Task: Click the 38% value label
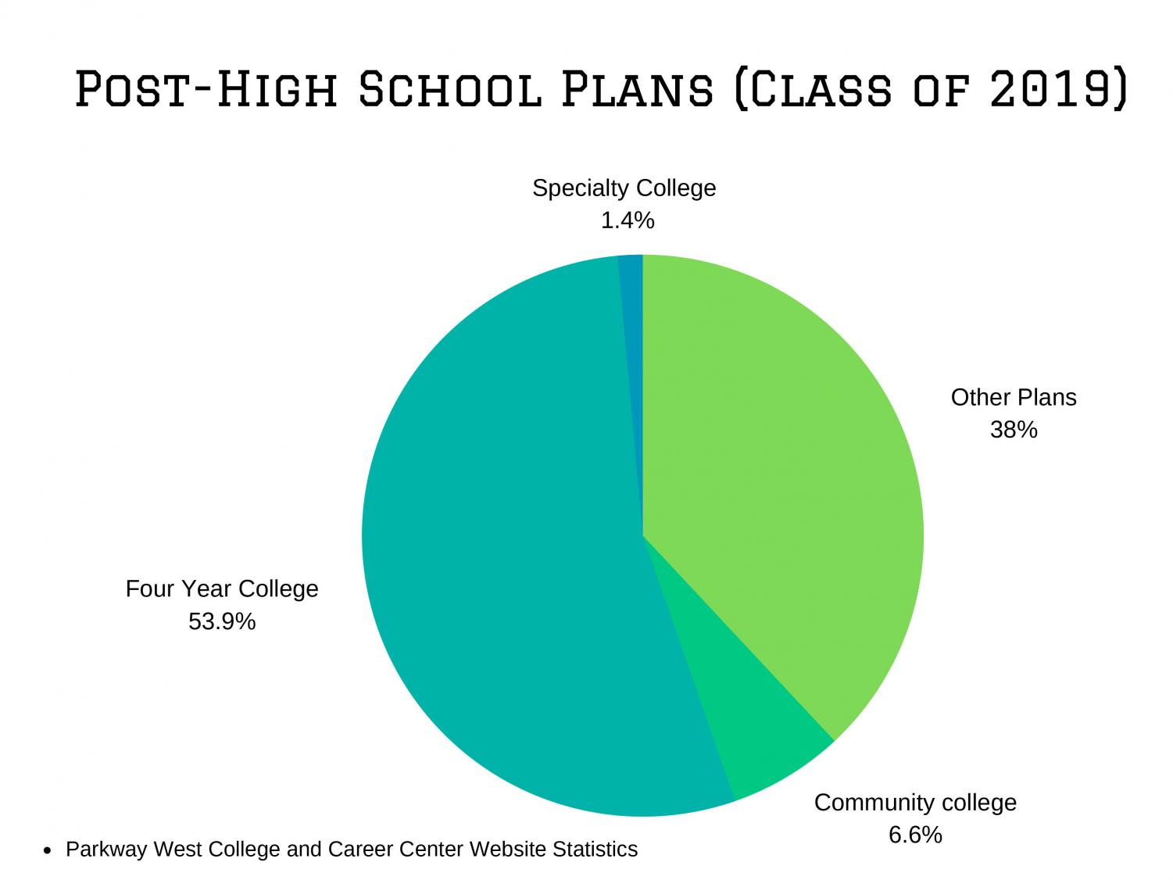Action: [x=1014, y=430]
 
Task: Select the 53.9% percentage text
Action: [x=222, y=622]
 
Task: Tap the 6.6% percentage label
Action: [x=915, y=835]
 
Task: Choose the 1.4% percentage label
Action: [x=627, y=221]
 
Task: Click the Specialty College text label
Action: [x=624, y=188]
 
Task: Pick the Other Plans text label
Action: [x=1014, y=398]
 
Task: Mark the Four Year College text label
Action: [x=222, y=588]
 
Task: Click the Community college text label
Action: [x=915, y=803]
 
